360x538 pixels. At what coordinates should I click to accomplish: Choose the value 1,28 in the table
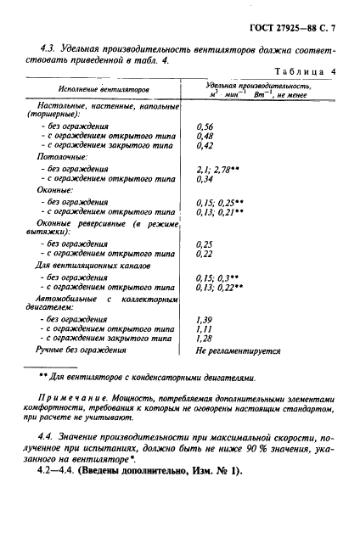pos(204,338)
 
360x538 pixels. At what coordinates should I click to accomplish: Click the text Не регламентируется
pos(238,349)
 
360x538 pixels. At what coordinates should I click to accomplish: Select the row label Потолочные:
pos(60,157)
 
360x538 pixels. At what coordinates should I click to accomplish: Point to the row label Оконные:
pos(55,191)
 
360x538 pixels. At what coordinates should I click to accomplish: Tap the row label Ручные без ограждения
pos(80,349)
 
